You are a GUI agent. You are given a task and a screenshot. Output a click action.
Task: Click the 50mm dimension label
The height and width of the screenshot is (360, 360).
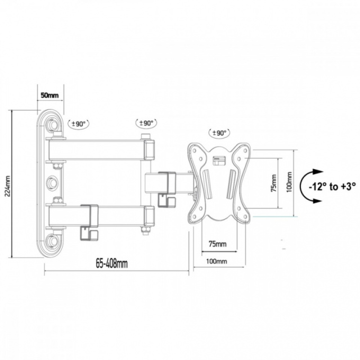(x=49, y=95)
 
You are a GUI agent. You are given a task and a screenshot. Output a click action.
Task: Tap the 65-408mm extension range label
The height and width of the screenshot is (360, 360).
(x=111, y=264)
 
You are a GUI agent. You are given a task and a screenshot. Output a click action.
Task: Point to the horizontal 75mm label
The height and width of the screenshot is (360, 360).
(x=218, y=244)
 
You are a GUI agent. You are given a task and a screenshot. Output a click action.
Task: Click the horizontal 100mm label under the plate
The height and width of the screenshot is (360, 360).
(x=217, y=261)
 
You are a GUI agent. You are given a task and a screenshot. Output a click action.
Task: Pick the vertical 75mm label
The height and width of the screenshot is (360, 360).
(x=273, y=183)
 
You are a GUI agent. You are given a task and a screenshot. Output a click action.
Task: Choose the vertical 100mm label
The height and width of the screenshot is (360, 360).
(x=289, y=182)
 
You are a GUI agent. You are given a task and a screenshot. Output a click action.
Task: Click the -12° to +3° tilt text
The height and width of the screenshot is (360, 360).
(x=332, y=186)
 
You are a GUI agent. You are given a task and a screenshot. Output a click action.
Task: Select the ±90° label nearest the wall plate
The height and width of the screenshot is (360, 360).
(x=79, y=124)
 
